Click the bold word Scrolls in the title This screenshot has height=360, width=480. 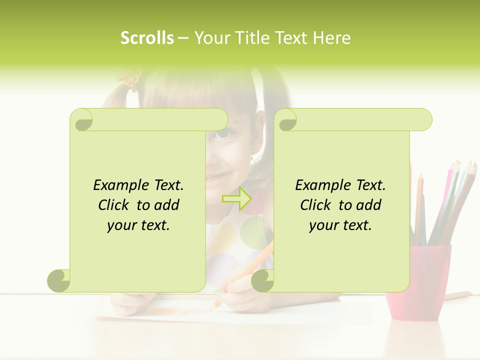pyautogui.click(x=147, y=38)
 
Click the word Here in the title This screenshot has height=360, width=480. pyautogui.click(x=331, y=38)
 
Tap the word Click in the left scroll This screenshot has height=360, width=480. pyautogui.click(x=115, y=205)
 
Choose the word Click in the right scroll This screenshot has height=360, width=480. pyautogui.click(x=317, y=205)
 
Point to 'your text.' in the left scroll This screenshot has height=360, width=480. pyautogui.click(x=138, y=225)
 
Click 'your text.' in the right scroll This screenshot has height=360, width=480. pyautogui.click(x=340, y=225)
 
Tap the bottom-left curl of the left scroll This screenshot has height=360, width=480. pyautogui.click(x=59, y=280)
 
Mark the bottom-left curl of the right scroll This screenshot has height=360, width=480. pyautogui.click(x=262, y=281)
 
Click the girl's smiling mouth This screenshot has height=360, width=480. pyautogui.click(x=216, y=176)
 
